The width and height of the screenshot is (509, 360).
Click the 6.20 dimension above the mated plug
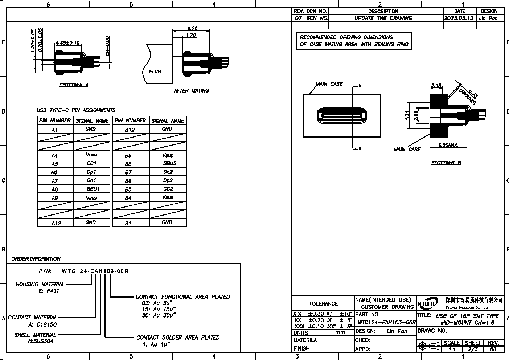click(192, 29)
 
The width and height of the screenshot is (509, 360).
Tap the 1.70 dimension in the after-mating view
click(190, 35)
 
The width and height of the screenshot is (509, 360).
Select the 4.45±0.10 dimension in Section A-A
click(67, 43)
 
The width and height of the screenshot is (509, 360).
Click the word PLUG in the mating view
click(155, 71)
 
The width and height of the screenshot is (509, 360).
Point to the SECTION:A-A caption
click(74, 85)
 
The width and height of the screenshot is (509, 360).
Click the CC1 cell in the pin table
click(91, 163)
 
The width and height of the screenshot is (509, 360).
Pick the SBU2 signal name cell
click(169, 163)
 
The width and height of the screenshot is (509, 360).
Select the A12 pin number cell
click(56, 223)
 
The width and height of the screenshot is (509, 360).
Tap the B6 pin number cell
click(128, 181)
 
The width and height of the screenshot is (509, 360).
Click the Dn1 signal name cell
click(91, 180)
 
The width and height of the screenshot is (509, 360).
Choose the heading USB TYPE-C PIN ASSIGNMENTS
click(76, 110)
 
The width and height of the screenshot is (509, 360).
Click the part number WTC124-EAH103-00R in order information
click(95, 271)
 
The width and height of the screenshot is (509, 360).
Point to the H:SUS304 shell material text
click(41, 341)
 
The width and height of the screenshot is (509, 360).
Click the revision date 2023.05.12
click(459, 18)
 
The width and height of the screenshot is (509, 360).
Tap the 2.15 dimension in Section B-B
click(436, 86)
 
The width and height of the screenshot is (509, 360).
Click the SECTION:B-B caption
click(446, 163)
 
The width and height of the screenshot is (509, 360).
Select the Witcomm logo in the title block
click(428, 303)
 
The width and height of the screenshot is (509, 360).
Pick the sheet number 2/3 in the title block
click(473, 349)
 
